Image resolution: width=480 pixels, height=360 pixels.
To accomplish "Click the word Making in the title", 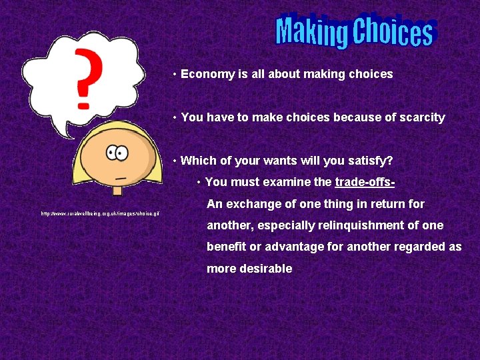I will point(312,32).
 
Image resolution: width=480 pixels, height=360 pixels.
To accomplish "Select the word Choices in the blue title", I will point(393,32).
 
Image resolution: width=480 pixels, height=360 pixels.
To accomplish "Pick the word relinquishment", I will point(364,225).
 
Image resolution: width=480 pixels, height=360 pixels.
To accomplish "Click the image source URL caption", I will point(100,213).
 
